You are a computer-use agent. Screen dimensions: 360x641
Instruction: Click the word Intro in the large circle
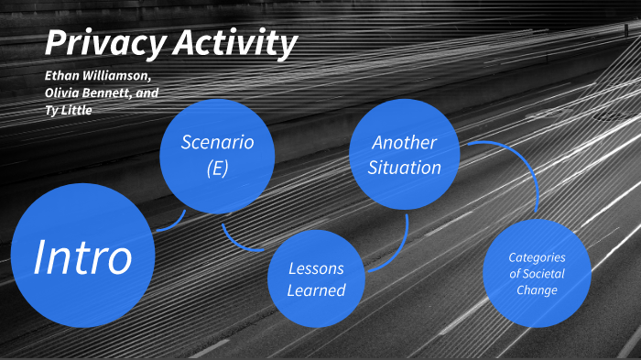click(x=82, y=257)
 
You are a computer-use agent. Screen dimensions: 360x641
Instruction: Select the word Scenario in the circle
click(x=217, y=142)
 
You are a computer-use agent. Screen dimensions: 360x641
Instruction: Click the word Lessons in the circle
click(x=316, y=268)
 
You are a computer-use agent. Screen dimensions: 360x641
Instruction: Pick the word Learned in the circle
click(x=316, y=290)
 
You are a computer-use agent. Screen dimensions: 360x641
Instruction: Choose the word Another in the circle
click(x=405, y=143)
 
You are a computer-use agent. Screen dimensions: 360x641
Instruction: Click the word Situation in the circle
click(x=405, y=168)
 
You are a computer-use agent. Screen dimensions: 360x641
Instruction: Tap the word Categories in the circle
click(x=538, y=257)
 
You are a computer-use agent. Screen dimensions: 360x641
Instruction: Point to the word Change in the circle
click(x=538, y=290)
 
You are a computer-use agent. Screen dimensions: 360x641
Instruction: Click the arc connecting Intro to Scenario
click(x=173, y=224)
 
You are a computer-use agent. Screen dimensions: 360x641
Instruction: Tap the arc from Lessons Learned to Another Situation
click(x=397, y=252)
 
